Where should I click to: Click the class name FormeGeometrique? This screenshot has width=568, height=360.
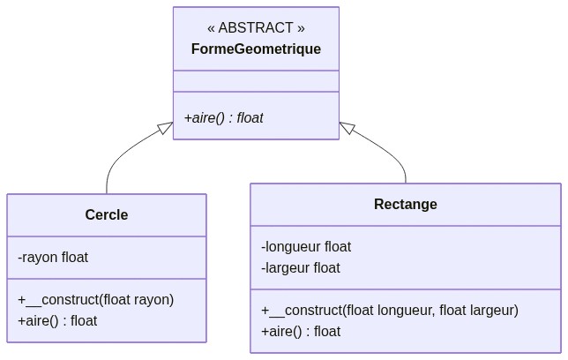[x=256, y=49]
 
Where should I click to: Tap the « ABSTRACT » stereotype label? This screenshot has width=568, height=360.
[x=256, y=28]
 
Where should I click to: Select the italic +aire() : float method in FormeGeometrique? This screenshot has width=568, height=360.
[x=224, y=117]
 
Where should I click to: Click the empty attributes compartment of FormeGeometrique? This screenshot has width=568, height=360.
[x=256, y=81]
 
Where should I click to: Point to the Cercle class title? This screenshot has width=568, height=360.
[x=107, y=215]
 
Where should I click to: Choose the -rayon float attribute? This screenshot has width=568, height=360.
[x=53, y=258]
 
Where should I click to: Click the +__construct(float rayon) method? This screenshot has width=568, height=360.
[x=96, y=300]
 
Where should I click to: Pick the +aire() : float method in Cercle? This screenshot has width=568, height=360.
[x=57, y=321]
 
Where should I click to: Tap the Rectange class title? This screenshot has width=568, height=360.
[x=406, y=205]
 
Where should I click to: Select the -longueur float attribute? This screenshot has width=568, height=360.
[x=306, y=247]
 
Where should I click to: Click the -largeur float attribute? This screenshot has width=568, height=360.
[x=301, y=268]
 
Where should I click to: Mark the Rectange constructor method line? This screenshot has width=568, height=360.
[x=390, y=311]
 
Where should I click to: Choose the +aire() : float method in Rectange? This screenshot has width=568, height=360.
[x=301, y=332]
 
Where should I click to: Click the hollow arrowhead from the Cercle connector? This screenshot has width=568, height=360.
[x=165, y=129]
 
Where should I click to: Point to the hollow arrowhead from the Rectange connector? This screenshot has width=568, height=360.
[x=347, y=129]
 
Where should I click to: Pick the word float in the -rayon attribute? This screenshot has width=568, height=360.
[x=75, y=258]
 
